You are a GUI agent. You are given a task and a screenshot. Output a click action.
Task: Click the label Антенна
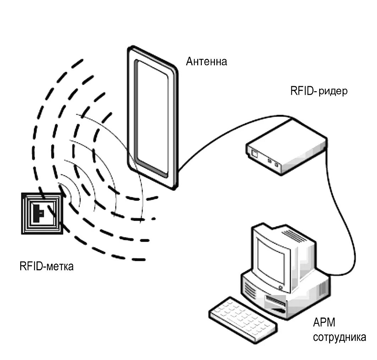point(206,62)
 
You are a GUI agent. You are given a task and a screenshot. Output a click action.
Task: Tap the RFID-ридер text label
point(318,91)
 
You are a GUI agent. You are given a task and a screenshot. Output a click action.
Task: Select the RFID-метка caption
point(46,266)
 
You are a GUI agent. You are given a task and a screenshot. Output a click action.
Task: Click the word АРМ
point(324,323)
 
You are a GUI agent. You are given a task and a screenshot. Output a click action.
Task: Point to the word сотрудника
point(339,337)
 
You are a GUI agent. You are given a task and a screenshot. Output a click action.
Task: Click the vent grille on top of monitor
point(293,234)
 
